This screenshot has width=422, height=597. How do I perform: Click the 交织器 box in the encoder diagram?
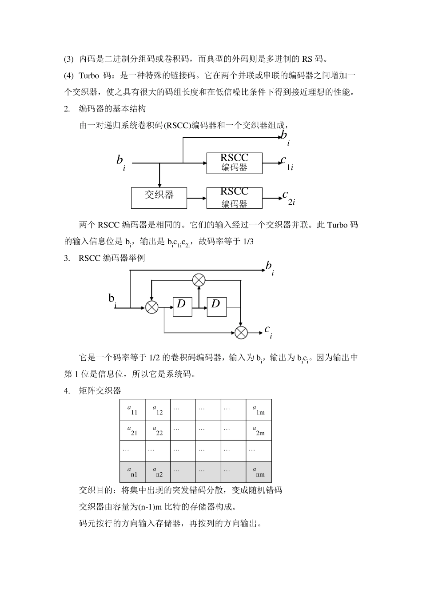point(159,198)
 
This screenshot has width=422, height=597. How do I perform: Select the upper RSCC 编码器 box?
point(234,163)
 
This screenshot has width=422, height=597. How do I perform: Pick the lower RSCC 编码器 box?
point(234,198)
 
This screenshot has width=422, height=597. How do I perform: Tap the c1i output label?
point(287,163)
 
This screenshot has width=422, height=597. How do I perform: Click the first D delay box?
point(182,306)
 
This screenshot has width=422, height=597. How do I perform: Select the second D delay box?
point(217,306)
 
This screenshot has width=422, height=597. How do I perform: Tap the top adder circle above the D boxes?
point(199,280)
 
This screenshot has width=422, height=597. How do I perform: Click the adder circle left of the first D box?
point(152,307)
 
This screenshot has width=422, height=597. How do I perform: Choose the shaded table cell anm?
point(259,472)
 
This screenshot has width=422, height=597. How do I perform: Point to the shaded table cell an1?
point(132,472)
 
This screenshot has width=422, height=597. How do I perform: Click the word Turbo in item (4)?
point(89,76)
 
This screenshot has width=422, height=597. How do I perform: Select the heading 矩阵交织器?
point(100,391)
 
